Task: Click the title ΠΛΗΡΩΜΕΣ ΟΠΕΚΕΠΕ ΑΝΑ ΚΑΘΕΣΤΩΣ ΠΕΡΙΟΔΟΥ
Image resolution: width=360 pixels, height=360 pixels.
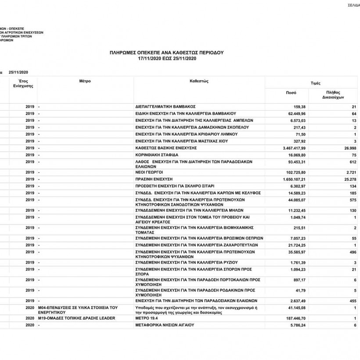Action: coord(167,52)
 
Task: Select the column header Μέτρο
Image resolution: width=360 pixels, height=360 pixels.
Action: coord(85,82)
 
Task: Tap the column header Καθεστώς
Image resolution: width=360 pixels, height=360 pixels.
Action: coord(198,82)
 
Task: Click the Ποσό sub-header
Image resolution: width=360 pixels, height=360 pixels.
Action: coord(291,93)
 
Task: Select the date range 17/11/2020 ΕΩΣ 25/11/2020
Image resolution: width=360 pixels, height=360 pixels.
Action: coord(167,58)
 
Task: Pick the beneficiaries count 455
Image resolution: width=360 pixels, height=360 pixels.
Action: coord(351,301)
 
